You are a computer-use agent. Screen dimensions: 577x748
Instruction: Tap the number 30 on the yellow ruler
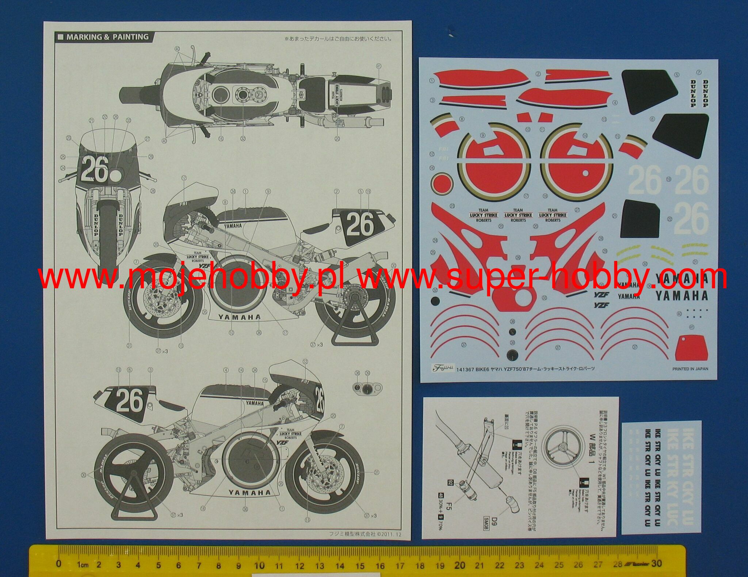(656, 563)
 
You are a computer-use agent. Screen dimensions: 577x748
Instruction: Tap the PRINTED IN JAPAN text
(690, 369)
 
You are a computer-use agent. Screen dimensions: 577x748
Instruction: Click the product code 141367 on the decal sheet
(465, 369)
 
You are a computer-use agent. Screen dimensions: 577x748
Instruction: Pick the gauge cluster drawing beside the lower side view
(364, 388)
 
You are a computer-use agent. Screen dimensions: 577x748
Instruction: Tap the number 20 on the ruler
(459, 565)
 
